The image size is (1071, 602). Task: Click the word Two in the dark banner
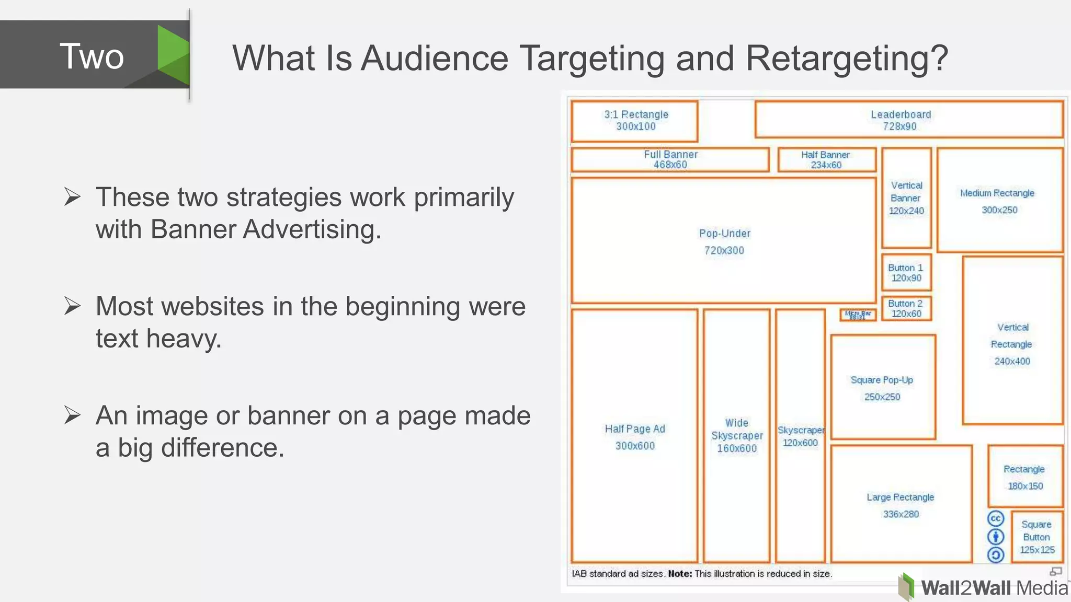(92, 56)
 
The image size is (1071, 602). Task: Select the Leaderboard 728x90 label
(901, 120)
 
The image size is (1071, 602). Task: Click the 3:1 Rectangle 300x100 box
(635, 121)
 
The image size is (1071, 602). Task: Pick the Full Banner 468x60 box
(670, 159)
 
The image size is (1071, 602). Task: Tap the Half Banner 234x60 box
(826, 159)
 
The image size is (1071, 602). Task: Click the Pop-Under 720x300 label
(724, 242)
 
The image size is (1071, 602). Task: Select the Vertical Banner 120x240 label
(906, 198)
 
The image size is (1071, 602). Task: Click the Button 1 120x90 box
(906, 273)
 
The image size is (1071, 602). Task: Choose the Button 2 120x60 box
(906, 308)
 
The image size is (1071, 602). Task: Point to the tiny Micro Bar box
(858, 315)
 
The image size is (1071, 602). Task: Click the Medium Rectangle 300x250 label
(998, 201)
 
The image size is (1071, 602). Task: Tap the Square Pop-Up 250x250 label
(882, 388)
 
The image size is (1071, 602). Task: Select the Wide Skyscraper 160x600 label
(737, 435)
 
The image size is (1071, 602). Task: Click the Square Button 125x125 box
(1037, 537)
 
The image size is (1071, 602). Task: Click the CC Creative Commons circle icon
(995, 519)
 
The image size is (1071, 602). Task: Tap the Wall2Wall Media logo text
(994, 588)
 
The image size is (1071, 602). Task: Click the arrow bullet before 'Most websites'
(72, 306)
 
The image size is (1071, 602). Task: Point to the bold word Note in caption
(680, 574)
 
